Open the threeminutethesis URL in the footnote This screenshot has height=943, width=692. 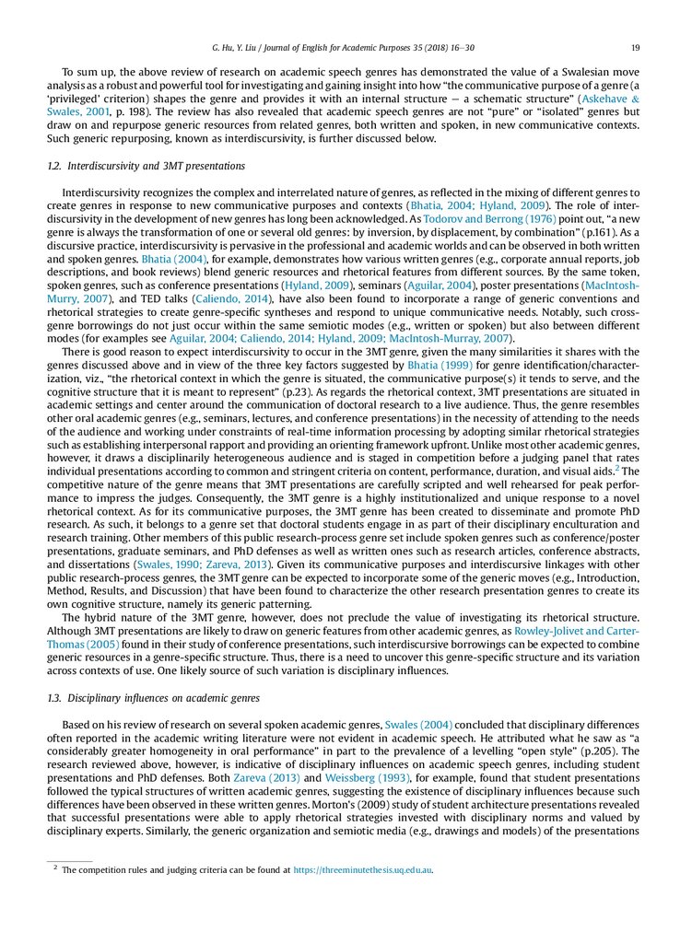tap(369, 868)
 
